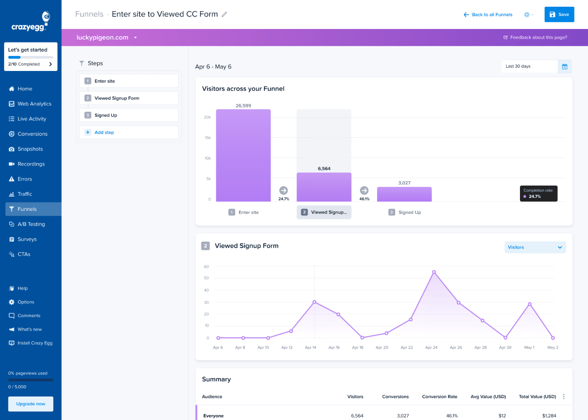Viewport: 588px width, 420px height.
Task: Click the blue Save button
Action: (x=559, y=14)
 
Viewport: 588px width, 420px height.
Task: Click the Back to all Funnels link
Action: (x=488, y=15)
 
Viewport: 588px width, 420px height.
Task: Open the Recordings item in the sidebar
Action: (x=31, y=164)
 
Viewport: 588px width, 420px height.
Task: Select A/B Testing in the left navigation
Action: (x=31, y=224)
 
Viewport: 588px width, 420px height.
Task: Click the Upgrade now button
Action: (x=31, y=404)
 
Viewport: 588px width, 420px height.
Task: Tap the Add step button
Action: (x=104, y=132)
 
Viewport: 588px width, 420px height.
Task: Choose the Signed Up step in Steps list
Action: (x=105, y=115)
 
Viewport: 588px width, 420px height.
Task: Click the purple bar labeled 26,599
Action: (x=243, y=155)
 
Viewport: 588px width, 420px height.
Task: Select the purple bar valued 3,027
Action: (x=404, y=194)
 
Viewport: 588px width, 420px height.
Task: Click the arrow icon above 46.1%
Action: (x=364, y=190)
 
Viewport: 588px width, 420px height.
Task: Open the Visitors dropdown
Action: (x=535, y=247)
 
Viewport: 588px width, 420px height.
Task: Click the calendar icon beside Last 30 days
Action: (x=564, y=66)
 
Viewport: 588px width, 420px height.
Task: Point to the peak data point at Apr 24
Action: (x=434, y=272)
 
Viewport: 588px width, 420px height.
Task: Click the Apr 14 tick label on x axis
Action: (x=310, y=347)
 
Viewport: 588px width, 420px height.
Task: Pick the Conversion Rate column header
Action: (x=439, y=396)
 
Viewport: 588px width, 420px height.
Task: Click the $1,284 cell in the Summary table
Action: (x=549, y=416)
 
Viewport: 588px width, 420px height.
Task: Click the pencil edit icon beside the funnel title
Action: (x=224, y=14)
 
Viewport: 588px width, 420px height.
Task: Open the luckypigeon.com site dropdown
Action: (x=107, y=37)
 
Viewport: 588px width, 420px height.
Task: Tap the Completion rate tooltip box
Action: (x=538, y=194)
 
